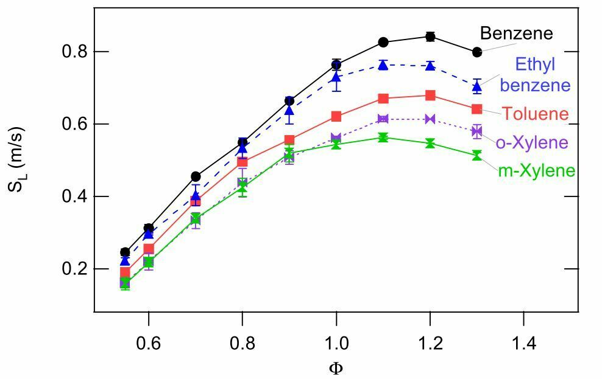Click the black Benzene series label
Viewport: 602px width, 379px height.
(x=516, y=33)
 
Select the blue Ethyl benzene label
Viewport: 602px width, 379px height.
(x=535, y=74)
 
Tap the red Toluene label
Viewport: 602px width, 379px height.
(x=536, y=113)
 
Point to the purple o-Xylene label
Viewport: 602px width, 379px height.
(x=532, y=142)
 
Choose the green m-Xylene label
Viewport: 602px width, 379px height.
(x=537, y=170)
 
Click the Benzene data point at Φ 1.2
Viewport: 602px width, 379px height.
(x=430, y=37)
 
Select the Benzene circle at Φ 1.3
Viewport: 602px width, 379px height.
(x=477, y=52)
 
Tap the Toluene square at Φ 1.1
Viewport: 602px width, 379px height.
(x=383, y=99)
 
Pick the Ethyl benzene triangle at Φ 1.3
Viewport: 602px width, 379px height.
(x=477, y=85)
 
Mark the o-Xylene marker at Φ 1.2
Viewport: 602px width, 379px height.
(x=430, y=119)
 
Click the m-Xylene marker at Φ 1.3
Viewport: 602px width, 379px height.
(x=477, y=156)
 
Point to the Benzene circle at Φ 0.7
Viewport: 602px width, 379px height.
(x=196, y=176)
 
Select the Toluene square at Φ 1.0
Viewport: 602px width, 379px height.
(x=336, y=116)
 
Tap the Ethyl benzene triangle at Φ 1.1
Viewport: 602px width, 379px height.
(x=383, y=64)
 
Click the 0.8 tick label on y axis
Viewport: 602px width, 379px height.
(x=74, y=51)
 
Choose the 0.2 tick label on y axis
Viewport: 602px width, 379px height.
(x=74, y=269)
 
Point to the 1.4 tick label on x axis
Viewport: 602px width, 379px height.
(x=524, y=342)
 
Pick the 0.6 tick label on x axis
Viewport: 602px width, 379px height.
(x=149, y=342)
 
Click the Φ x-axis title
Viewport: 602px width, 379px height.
(x=336, y=368)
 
